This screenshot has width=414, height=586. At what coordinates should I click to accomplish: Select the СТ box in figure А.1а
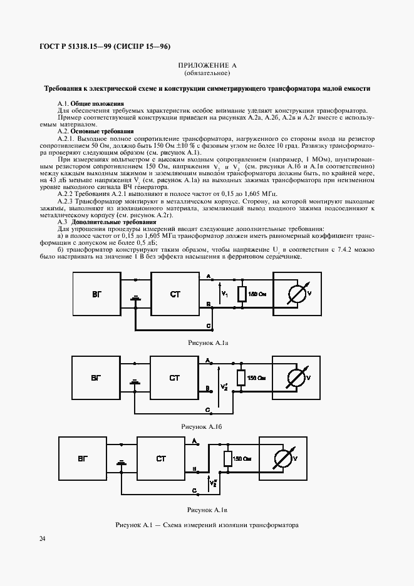(x=175, y=294)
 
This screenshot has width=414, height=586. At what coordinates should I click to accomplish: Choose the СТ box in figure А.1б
(x=175, y=378)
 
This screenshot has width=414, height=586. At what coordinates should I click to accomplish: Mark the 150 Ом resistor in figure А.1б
(x=240, y=378)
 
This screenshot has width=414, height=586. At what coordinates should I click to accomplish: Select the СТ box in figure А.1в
(x=161, y=460)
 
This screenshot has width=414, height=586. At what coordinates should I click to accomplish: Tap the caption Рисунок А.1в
(x=206, y=510)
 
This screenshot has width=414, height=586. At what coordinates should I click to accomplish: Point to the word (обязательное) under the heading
(x=207, y=74)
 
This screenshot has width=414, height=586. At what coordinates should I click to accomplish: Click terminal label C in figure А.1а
(x=209, y=326)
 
